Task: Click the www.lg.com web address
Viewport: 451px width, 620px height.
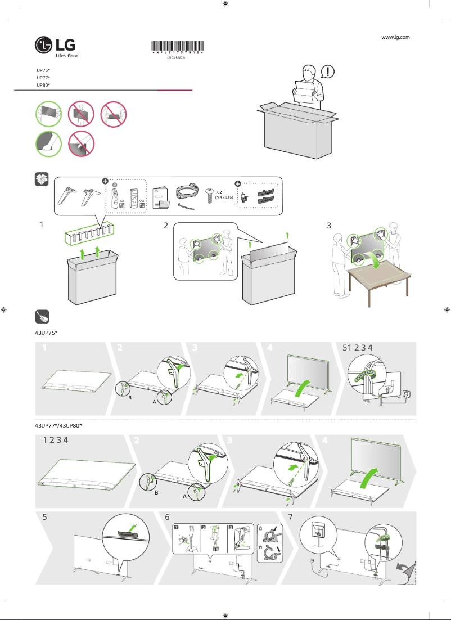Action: [395, 37]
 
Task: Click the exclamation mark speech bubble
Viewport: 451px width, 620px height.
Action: [328, 72]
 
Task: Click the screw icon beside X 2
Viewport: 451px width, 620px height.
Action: [210, 195]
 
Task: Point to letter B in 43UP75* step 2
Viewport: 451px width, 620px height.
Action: [130, 397]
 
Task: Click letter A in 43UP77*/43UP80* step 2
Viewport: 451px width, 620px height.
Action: [184, 497]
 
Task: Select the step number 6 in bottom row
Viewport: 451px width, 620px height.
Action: [167, 516]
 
